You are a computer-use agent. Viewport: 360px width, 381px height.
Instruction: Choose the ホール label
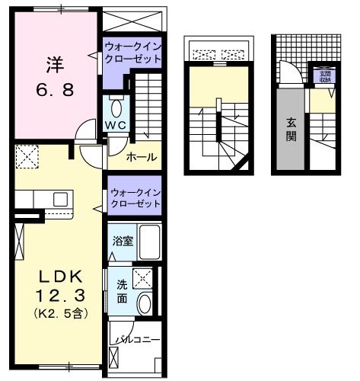click(142, 157)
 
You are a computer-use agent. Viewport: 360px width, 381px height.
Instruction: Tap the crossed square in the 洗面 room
click(142, 277)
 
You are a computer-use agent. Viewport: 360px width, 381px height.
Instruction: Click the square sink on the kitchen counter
click(59, 200)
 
